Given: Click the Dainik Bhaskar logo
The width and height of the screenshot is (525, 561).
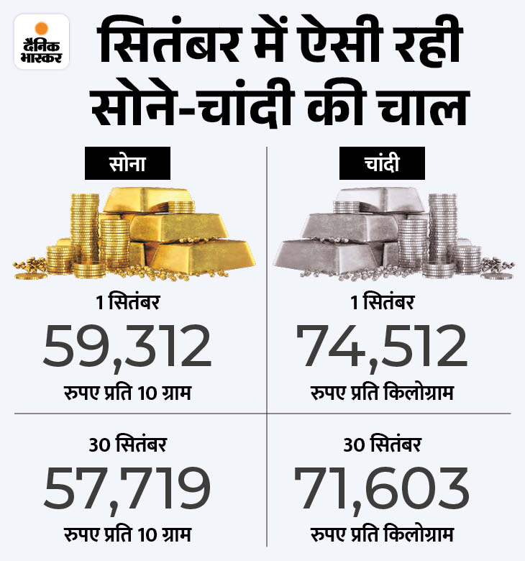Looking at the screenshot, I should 41,41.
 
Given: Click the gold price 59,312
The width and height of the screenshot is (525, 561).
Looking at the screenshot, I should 128,346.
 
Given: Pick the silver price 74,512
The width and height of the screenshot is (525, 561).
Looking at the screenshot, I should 383,346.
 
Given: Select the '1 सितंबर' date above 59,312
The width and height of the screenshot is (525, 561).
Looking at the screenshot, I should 127,304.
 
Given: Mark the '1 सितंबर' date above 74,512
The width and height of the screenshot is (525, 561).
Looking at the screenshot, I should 383,304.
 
